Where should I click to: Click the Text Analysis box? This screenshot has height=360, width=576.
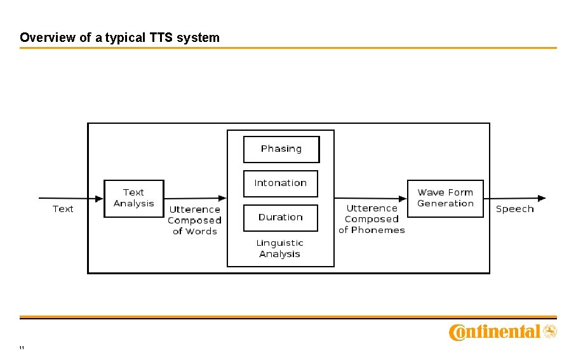point(133,198)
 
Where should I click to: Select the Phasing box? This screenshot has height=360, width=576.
point(281,149)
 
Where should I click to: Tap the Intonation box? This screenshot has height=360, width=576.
point(280,183)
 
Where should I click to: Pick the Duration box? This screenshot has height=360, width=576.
point(280,218)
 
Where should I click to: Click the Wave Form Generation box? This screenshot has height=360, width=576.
point(445,198)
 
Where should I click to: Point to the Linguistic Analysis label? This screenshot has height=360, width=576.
point(279,248)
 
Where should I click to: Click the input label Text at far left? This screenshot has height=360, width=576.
point(63,209)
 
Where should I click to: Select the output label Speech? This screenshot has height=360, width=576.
point(514,209)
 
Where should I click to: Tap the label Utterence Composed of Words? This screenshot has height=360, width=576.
point(194,220)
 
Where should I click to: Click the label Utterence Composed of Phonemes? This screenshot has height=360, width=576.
point(372,219)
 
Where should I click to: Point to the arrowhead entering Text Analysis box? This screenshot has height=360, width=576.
point(99,198)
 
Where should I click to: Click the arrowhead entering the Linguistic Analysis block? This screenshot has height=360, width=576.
point(222,198)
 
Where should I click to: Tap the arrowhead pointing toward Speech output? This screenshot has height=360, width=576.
point(541,198)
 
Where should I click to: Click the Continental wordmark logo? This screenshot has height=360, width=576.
point(495,332)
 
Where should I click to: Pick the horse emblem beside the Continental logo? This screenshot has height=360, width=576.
point(550,331)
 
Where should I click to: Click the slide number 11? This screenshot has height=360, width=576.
point(22,348)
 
